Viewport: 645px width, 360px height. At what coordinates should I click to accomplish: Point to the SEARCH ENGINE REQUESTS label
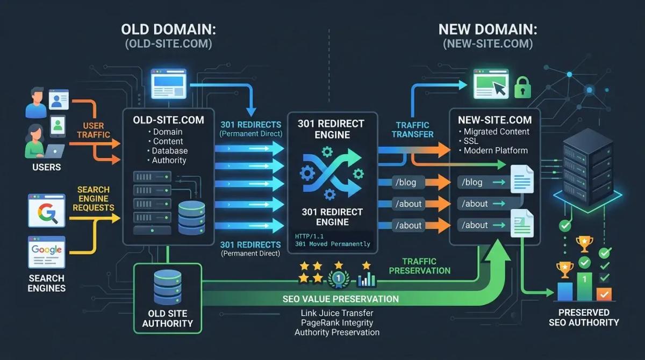tap(93, 199)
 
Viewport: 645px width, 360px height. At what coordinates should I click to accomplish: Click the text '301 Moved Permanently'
tap(333, 244)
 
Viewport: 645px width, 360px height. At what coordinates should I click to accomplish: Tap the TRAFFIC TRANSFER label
tap(413, 129)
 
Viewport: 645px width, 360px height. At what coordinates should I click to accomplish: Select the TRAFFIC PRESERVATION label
tap(419, 266)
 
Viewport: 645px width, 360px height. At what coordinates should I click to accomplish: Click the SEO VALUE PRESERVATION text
tap(341, 299)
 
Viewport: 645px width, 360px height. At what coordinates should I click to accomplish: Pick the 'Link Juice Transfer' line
tap(337, 313)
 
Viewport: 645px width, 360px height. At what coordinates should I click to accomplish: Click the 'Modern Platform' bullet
tap(495, 150)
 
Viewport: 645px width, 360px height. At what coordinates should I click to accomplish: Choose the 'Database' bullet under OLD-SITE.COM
tap(170, 151)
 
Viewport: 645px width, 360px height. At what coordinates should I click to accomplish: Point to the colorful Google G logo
tap(46, 212)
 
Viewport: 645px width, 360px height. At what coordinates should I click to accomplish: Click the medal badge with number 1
tap(339, 278)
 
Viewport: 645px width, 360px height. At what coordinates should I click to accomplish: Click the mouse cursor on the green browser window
tap(500, 89)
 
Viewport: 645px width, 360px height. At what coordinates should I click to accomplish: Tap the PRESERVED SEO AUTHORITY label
tap(584, 317)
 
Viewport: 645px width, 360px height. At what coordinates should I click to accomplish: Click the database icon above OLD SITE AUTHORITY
tap(167, 287)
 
